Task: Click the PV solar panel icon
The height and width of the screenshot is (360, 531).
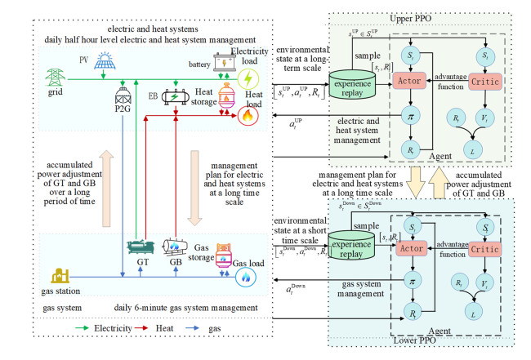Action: point(105,61)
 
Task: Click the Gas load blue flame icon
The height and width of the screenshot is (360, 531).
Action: point(243,278)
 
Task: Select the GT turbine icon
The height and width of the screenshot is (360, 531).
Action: point(141,248)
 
